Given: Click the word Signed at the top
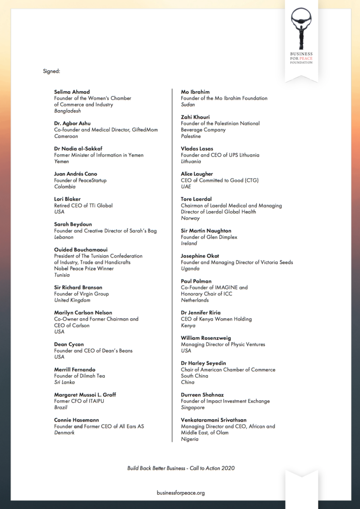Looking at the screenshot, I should (x=51, y=71).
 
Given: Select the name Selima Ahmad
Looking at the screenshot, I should (x=72, y=92).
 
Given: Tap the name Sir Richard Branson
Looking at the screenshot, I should (x=78, y=288).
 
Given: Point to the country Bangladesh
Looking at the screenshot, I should (x=67, y=111).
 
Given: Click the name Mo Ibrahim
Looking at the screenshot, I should (x=195, y=92).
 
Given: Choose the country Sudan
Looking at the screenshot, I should (x=188, y=104).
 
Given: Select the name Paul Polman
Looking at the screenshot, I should (x=196, y=281).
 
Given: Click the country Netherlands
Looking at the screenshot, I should (x=195, y=300).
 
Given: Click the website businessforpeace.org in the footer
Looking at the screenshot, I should (x=180, y=493).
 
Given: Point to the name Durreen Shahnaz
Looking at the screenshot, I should (x=202, y=395).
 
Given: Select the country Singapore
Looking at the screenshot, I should (x=193, y=408).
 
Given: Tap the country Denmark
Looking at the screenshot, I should (x=65, y=433).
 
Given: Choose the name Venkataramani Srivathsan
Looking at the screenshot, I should (x=214, y=420).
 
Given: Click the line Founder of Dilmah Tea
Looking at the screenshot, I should (x=79, y=376).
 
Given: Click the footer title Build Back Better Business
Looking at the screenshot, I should (x=156, y=468).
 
